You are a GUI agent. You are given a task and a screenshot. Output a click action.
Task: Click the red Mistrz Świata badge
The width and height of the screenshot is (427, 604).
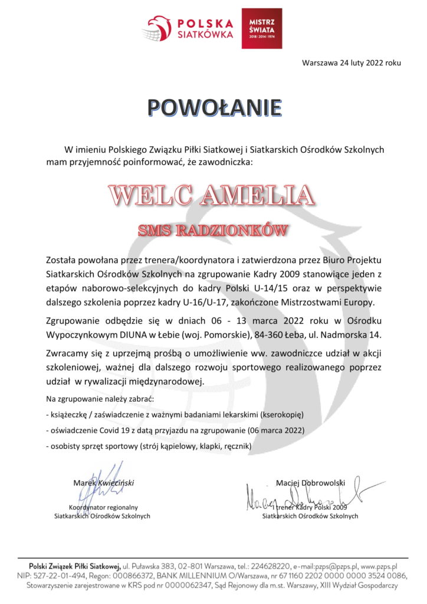point(262,28)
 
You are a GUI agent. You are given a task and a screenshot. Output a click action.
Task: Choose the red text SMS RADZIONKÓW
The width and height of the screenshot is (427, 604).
point(213,230)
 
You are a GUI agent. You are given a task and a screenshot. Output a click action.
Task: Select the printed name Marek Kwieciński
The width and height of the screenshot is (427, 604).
point(104,482)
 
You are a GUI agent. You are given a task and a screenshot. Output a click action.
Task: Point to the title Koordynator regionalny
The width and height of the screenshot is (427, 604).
point(103,507)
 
